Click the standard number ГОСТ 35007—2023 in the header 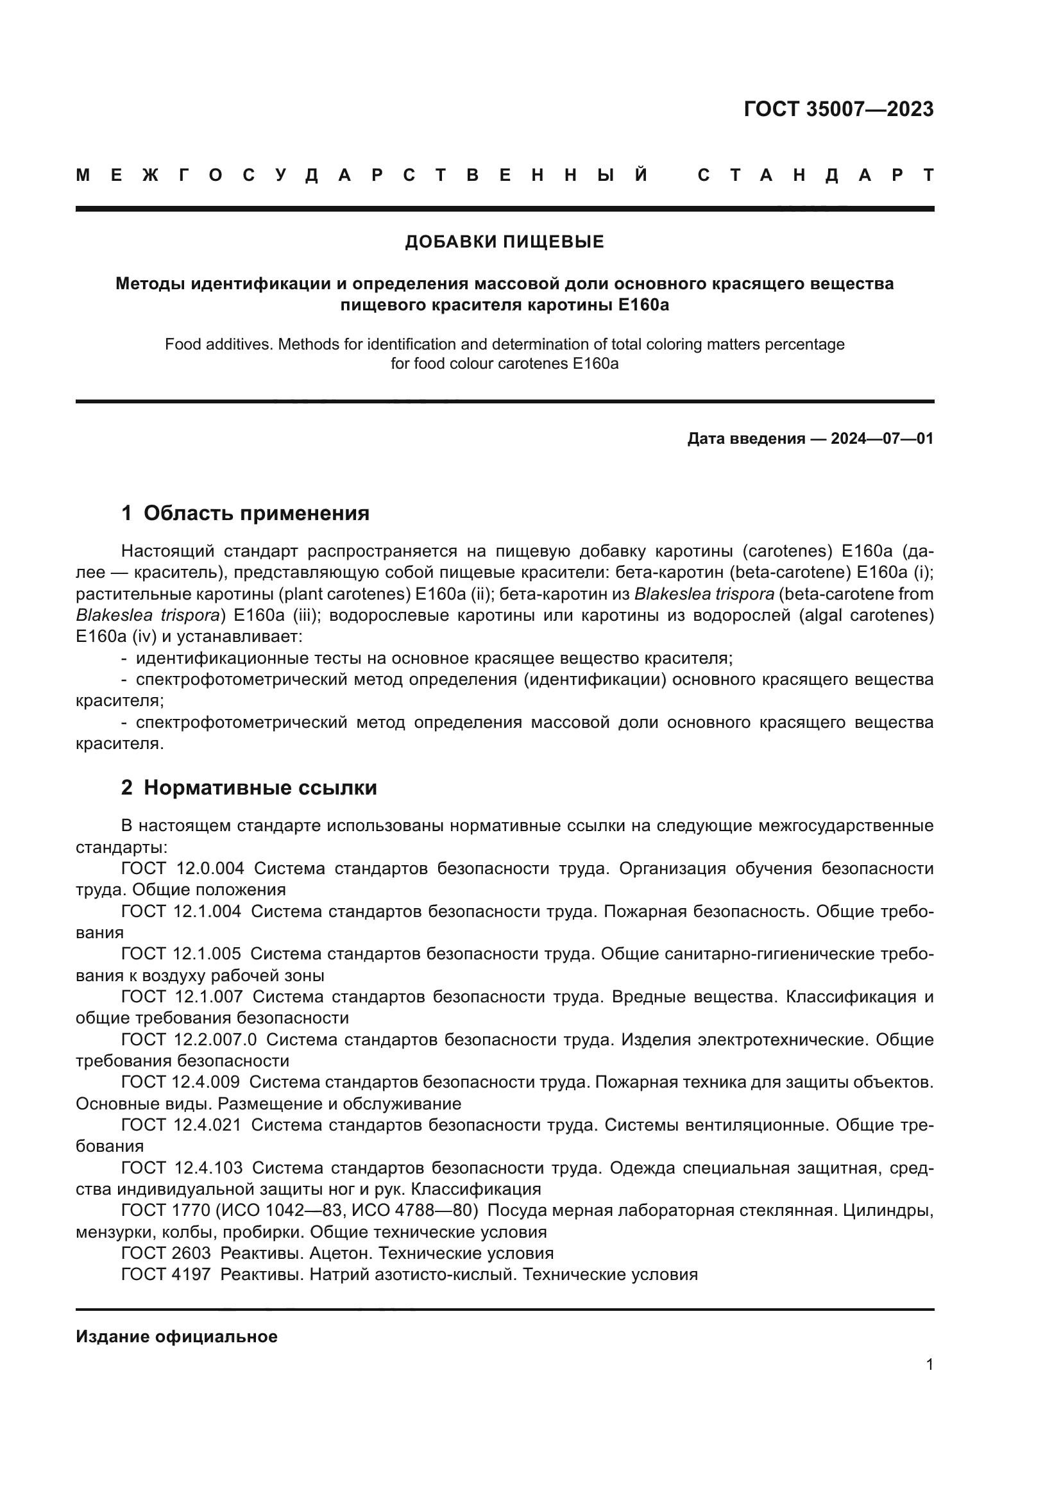click(x=838, y=109)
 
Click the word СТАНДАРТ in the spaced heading click(x=815, y=175)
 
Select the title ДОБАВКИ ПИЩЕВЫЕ click(x=504, y=242)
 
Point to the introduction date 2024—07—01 click(x=882, y=439)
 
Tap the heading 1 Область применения click(x=245, y=513)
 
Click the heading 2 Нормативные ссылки click(x=249, y=788)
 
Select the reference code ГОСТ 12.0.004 click(x=182, y=868)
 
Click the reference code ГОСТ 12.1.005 click(x=181, y=954)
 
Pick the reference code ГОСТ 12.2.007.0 click(x=189, y=1040)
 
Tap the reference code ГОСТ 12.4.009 click(x=180, y=1082)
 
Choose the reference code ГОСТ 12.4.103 click(x=182, y=1167)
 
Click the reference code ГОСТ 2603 click(x=166, y=1253)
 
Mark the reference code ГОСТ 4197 click(x=166, y=1275)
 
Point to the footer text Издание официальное click(x=176, y=1336)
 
